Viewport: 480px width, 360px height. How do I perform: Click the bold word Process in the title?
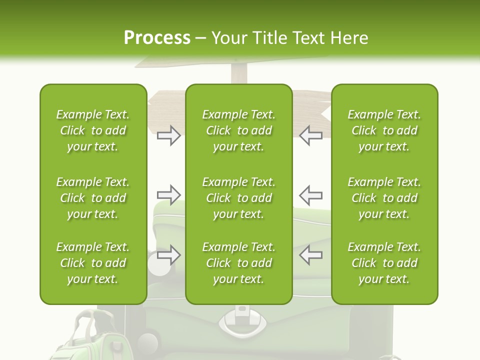click(157, 38)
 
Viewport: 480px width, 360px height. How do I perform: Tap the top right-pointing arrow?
click(168, 135)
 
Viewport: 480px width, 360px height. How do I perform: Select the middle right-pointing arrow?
click(168, 194)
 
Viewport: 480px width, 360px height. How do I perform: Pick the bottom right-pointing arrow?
click(168, 255)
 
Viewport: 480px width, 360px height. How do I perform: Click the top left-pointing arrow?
click(311, 135)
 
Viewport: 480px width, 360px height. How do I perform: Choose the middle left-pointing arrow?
click(311, 194)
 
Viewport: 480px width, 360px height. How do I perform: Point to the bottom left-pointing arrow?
click(311, 255)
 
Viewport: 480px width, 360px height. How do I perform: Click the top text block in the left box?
click(93, 130)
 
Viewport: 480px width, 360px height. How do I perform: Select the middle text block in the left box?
click(93, 198)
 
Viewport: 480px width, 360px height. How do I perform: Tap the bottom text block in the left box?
click(93, 263)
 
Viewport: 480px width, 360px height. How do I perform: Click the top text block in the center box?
click(238, 130)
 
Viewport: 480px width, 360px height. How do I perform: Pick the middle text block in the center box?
click(238, 198)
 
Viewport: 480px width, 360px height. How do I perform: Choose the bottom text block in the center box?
click(238, 263)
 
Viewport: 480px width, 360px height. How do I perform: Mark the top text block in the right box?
click(384, 130)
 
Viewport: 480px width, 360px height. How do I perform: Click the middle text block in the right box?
click(384, 198)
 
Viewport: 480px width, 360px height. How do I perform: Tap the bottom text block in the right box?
click(384, 263)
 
